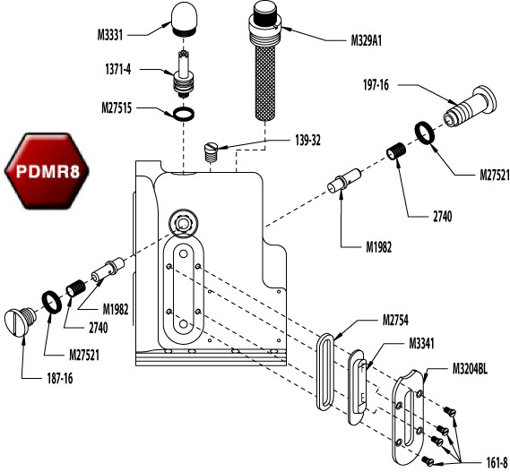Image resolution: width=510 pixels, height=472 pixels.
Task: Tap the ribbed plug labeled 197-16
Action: (x=469, y=107)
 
